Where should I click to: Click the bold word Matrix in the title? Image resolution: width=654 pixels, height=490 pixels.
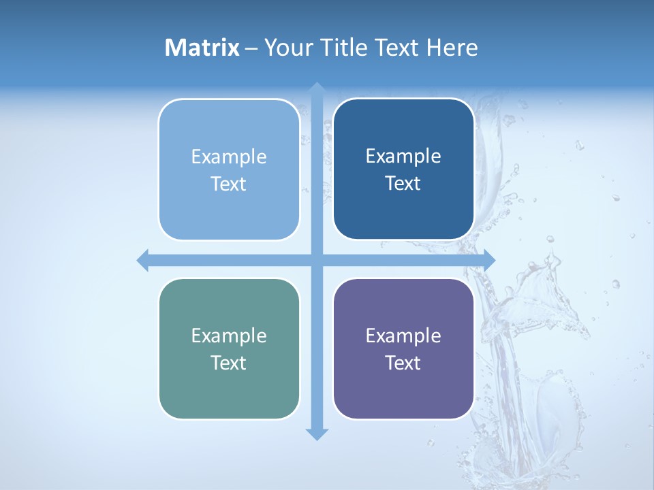pyautogui.click(x=202, y=48)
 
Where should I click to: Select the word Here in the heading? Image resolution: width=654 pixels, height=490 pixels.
pyautogui.click(x=452, y=48)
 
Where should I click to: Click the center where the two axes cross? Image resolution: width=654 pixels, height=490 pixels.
pyautogui.click(x=317, y=260)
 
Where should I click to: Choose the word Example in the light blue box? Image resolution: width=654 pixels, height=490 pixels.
pyautogui.click(x=229, y=157)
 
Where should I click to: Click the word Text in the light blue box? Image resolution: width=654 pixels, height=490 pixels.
pyautogui.click(x=229, y=184)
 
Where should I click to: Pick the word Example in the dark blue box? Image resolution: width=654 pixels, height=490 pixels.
pyautogui.click(x=403, y=156)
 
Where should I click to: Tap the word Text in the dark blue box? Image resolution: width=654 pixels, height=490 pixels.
pyautogui.click(x=403, y=184)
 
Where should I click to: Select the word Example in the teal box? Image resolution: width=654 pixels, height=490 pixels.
pyautogui.click(x=229, y=336)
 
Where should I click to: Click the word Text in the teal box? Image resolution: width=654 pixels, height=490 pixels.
pyautogui.click(x=229, y=363)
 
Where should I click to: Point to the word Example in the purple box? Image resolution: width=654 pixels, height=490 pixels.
pyautogui.click(x=403, y=336)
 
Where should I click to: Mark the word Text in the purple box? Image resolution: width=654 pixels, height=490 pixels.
pyautogui.click(x=403, y=363)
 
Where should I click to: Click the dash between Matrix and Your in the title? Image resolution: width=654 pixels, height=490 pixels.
pyautogui.click(x=251, y=48)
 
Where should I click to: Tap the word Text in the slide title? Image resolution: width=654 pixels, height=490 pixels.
pyautogui.click(x=396, y=48)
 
